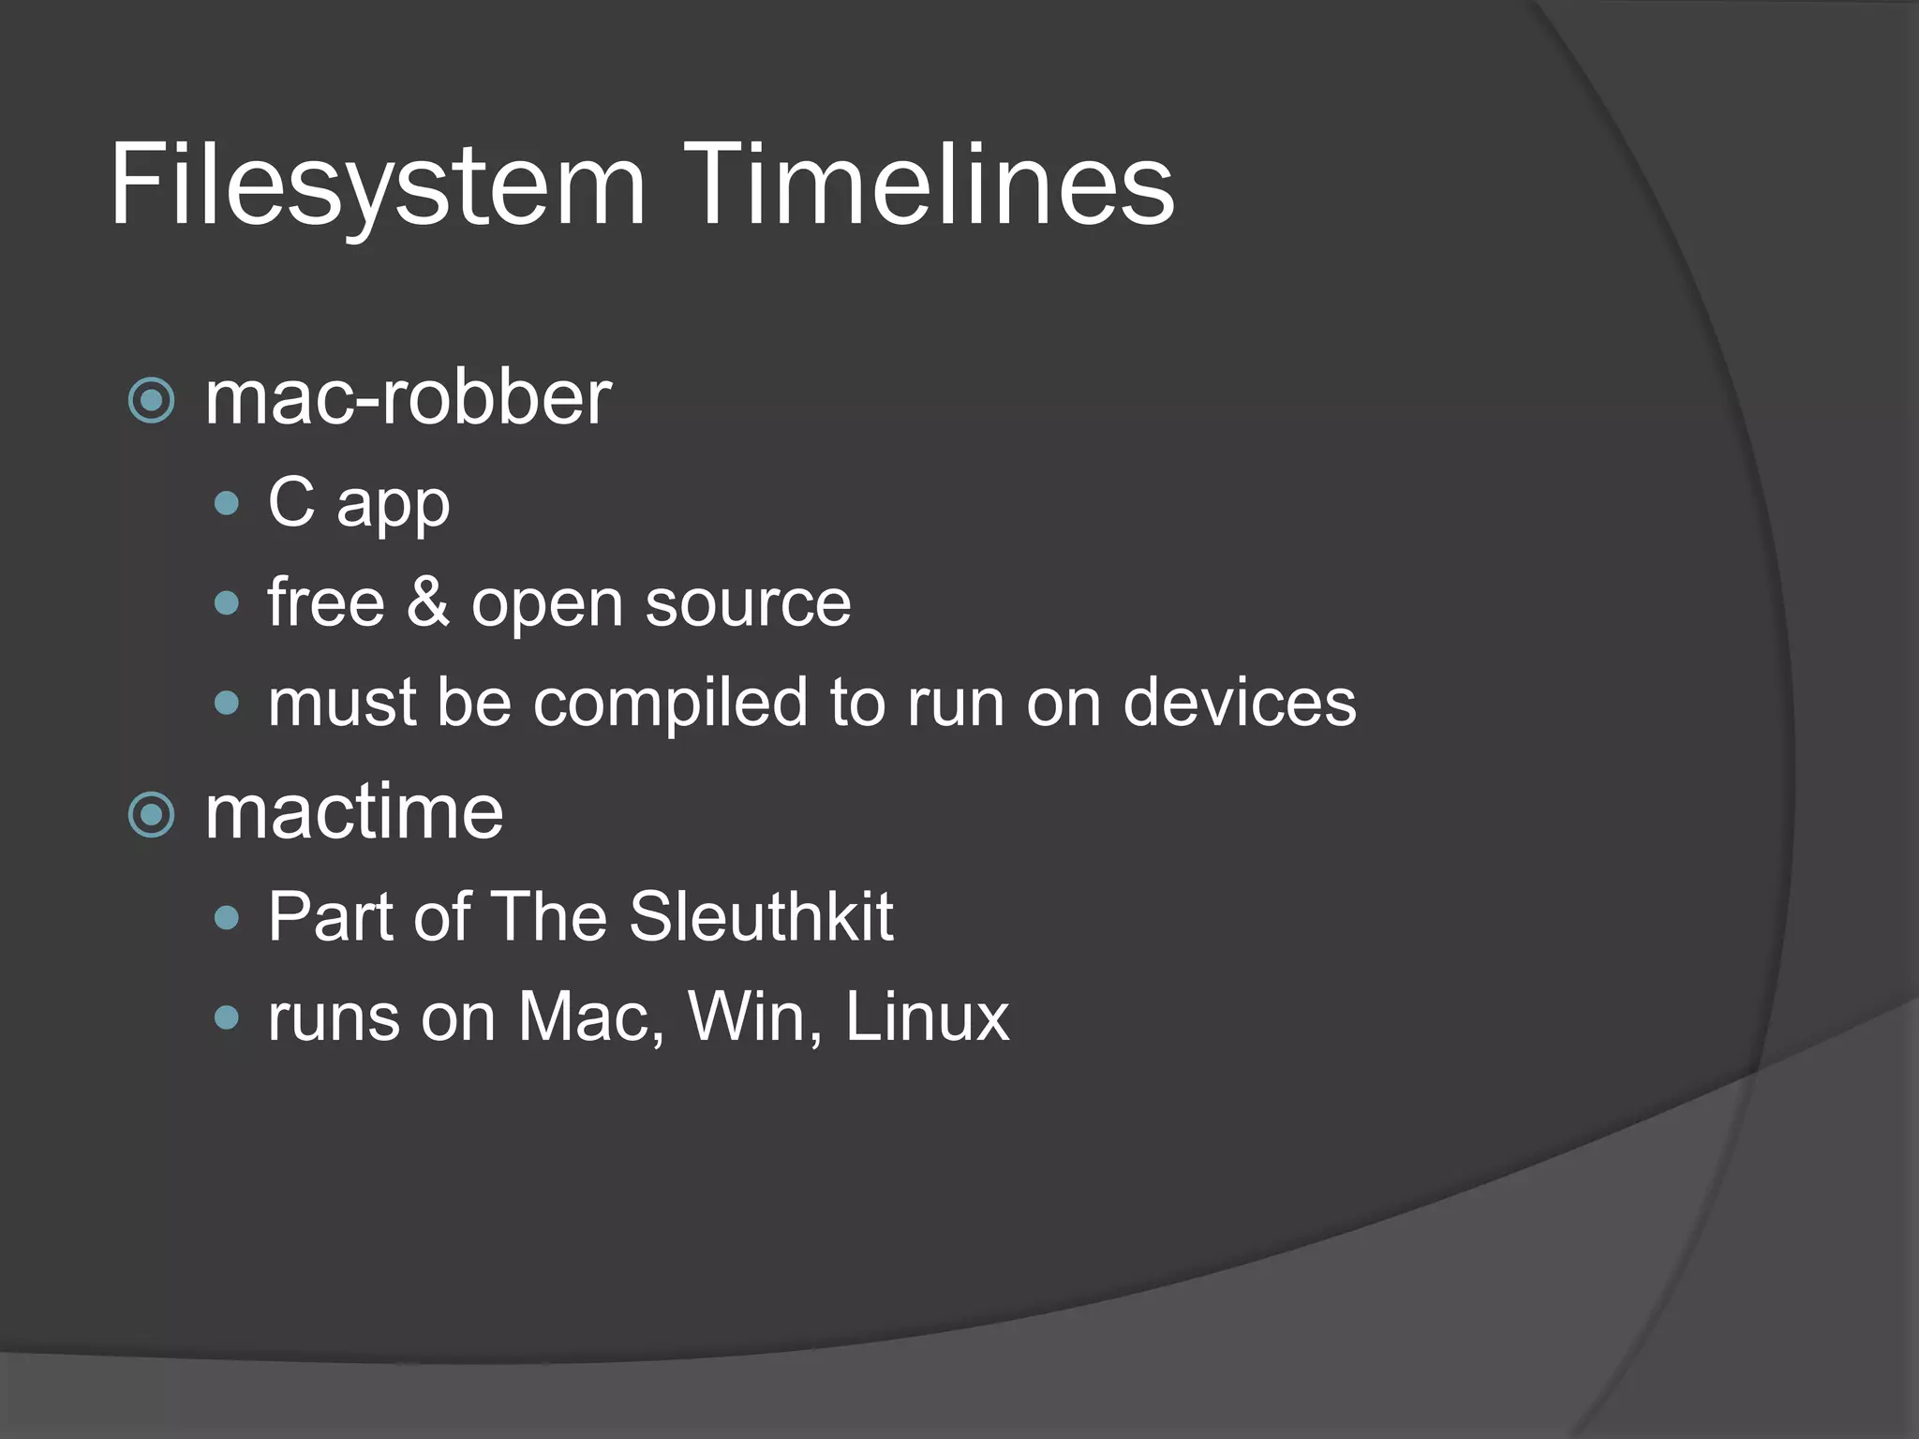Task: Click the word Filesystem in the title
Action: tap(378, 185)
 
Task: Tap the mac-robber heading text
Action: tap(408, 398)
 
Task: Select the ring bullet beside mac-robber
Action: tap(152, 401)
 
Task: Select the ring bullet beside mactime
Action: tap(152, 814)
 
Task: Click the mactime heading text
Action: tap(354, 812)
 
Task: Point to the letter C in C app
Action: tap(291, 502)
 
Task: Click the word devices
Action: tap(1239, 702)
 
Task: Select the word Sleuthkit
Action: tap(761, 916)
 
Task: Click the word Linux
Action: tap(927, 1016)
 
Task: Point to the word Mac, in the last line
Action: tap(592, 1016)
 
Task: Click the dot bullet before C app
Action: tap(227, 504)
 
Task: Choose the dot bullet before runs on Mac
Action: tap(227, 1016)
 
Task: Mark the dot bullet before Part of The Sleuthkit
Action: tap(227, 917)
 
